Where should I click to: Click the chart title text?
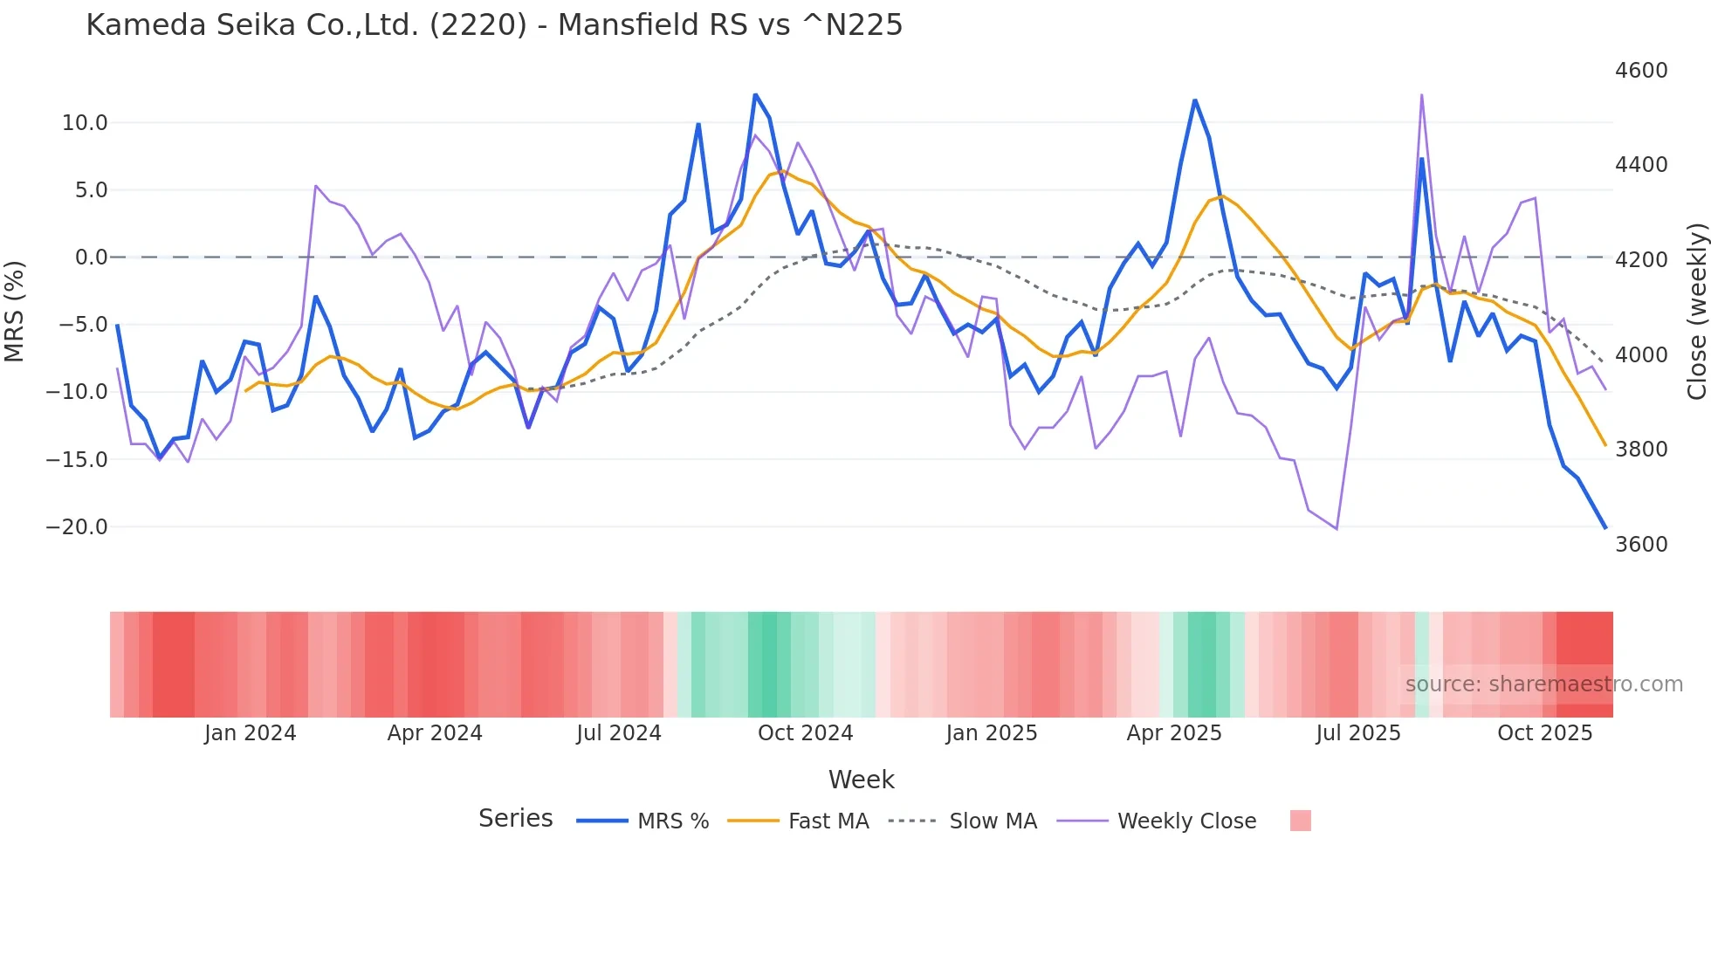pyautogui.click(x=494, y=25)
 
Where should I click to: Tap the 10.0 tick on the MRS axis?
pyautogui.click(x=85, y=123)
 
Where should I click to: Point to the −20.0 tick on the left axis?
pyautogui.click(x=77, y=527)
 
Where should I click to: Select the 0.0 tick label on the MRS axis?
pyautogui.click(x=91, y=258)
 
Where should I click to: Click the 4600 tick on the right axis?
pyautogui.click(x=1641, y=71)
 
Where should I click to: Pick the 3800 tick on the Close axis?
pyautogui.click(x=1641, y=450)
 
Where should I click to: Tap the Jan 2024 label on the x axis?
pyautogui.click(x=251, y=733)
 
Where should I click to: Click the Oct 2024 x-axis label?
pyautogui.click(x=805, y=733)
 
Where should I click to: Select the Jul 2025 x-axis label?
pyautogui.click(x=1358, y=733)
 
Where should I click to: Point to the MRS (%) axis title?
pyautogui.click(x=15, y=311)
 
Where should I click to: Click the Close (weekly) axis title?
pyautogui.click(x=1696, y=312)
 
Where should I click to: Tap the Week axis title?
pyautogui.click(x=861, y=780)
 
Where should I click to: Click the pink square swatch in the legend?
pyautogui.click(x=1300, y=821)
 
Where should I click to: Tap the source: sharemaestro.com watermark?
pyautogui.click(x=1543, y=684)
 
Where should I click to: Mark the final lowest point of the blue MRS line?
pyautogui.click(x=1604, y=527)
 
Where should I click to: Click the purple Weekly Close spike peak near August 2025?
pyautogui.click(x=1421, y=95)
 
